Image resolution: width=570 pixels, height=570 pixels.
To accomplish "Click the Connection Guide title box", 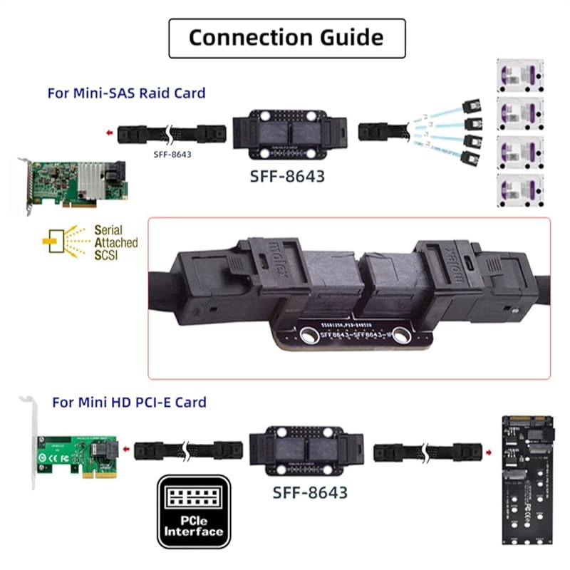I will click(x=286, y=38).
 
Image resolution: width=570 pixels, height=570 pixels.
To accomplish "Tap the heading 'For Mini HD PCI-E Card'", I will click(x=129, y=402).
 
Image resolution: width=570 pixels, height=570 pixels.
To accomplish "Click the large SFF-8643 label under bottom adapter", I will click(x=310, y=492).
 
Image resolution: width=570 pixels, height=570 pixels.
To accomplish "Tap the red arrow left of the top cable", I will click(x=106, y=133).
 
